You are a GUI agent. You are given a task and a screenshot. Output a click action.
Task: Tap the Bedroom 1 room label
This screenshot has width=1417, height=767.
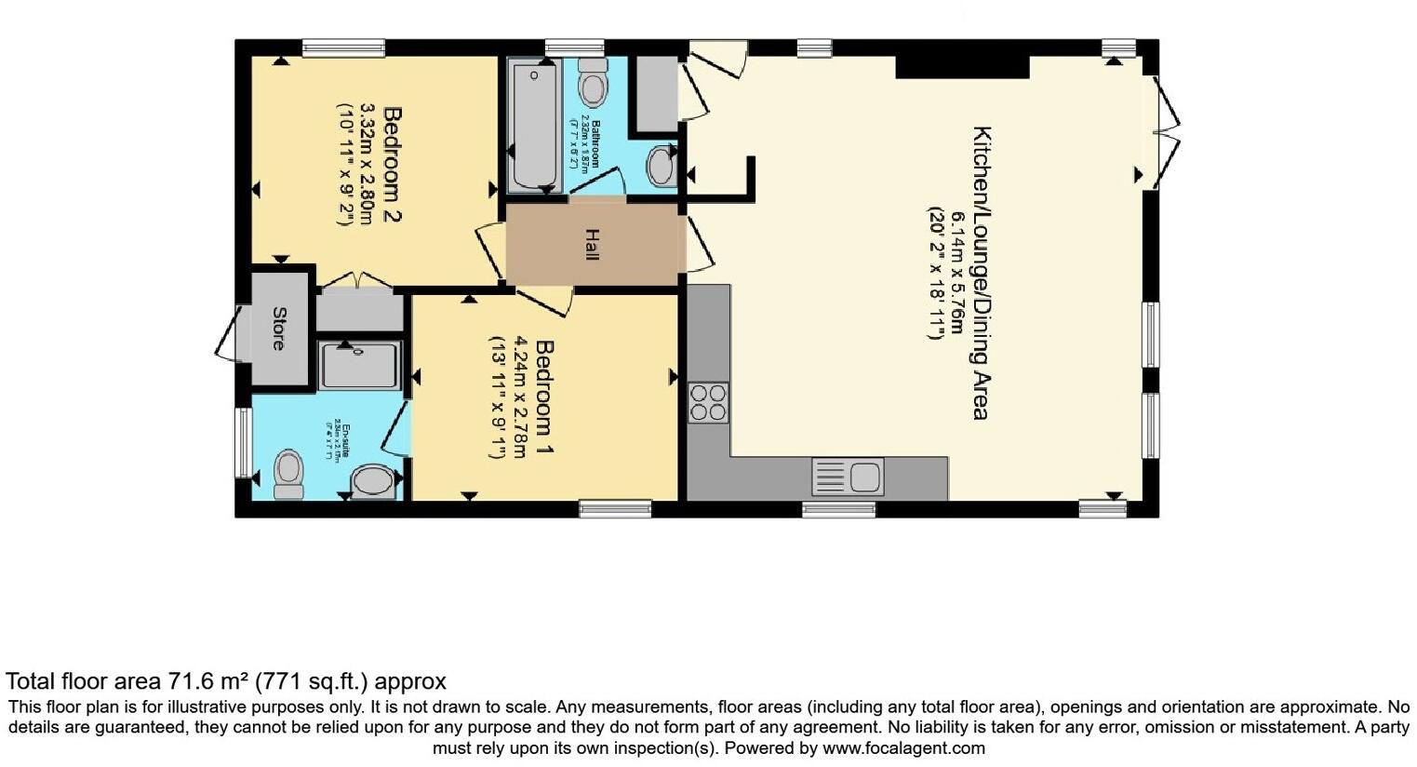click(x=545, y=399)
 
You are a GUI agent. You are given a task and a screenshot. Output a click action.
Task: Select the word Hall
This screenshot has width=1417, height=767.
click(x=591, y=244)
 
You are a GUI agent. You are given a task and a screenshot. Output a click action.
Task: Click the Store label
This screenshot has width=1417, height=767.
click(x=278, y=329)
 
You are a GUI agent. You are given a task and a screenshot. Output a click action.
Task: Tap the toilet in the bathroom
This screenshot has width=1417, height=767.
click(x=592, y=85)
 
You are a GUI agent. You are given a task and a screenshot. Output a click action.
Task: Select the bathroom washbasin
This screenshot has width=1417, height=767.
click(x=662, y=166)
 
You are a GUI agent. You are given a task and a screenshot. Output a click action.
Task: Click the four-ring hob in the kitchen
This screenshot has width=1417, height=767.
click(x=708, y=402)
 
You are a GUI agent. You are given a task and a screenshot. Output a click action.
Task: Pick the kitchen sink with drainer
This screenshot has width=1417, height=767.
click(x=848, y=478)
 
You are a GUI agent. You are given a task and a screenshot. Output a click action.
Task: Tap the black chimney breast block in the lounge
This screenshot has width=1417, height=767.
click(x=962, y=66)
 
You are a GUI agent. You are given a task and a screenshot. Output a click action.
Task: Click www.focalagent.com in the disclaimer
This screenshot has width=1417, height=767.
click(x=903, y=747)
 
